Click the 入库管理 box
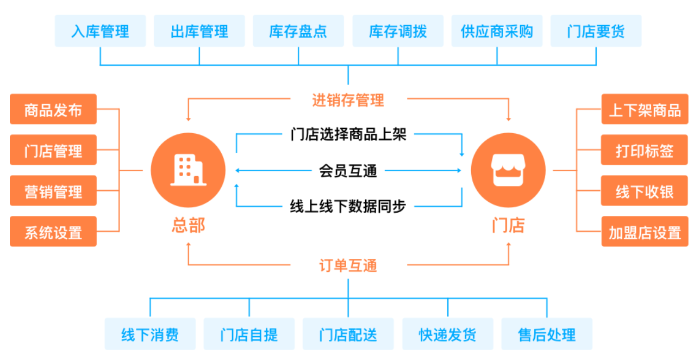[100, 31]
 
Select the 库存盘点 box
[298, 31]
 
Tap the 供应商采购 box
[497, 31]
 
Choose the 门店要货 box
[596, 31]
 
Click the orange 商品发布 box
[53, 109]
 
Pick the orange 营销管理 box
[53, 191]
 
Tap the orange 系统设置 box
[53, 232]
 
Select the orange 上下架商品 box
[645, 109]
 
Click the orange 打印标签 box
[645, 150]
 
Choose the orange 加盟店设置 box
[645, 232]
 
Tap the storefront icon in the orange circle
[508, 170]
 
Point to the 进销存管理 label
[348, 100]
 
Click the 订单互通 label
[348, 266]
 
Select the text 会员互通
[348, 171]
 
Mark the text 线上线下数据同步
[348, 206]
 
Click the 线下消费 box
[150, 334]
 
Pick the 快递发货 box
[447, 334]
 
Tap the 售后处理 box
[547, 334]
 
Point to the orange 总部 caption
[188, 225]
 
